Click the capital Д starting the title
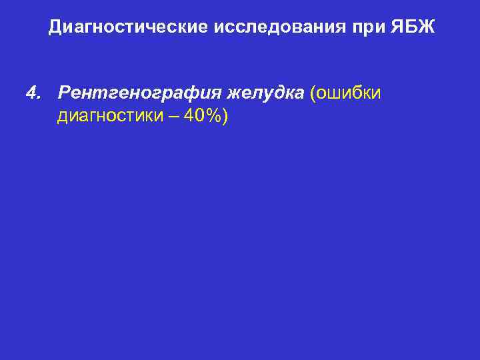55,27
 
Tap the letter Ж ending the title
427,27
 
